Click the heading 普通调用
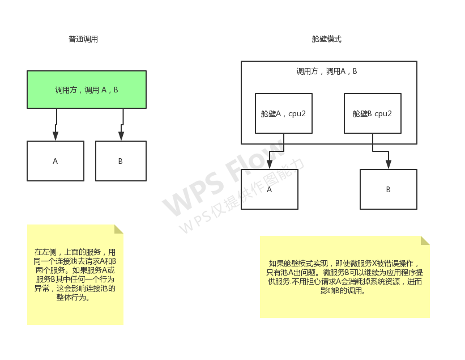(83, 40)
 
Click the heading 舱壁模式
(327, 40)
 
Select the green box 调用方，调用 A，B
(87, 90)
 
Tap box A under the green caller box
(56, 161)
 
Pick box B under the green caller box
(121, 161)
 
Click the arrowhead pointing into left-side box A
(56, 136)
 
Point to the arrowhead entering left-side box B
(121, 136)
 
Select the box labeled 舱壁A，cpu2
(283, 113)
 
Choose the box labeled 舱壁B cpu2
(372, 113)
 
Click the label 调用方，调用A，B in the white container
(327, 71)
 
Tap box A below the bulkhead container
(269, 189)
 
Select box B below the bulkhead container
(388, 189)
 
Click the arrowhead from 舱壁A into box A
(269, 164)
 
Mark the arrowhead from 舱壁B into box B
(389, 164)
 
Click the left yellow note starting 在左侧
(75, 274)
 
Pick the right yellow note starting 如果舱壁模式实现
(344, 277)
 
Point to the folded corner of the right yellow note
(425, 240)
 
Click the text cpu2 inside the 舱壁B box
(383, 113)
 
